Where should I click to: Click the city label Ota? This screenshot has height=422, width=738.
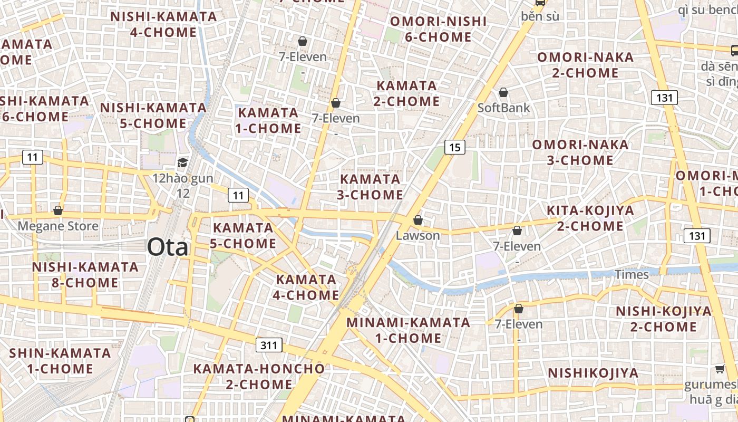tap(167, 247)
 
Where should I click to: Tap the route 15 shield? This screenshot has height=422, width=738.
tap(454, 147)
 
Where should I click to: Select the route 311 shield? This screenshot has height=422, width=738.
tap(269, 346)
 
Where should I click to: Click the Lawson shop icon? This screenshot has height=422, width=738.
tap(418, 220)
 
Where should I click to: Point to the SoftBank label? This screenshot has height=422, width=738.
tap(503, 108)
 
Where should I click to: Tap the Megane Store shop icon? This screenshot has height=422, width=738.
tap(58, 210)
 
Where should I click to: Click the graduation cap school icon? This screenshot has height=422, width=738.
tap(182, 162)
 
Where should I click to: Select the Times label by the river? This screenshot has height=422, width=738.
tap(632, 274)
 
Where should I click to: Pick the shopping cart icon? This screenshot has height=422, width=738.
tap(720, 369)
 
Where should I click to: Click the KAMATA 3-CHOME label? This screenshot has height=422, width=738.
tap(370, 187)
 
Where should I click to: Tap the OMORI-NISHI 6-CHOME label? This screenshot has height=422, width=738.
tap(438, 29)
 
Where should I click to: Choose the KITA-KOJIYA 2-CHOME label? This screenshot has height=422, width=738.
tap(590, 218)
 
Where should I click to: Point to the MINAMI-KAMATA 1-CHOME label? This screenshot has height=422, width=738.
tap(408, 330)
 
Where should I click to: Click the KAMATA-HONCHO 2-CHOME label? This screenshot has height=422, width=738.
tap(259, 376)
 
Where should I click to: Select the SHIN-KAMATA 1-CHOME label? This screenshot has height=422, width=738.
tap(60, 360)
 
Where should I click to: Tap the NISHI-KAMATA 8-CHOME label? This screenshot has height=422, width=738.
tap(85, 274)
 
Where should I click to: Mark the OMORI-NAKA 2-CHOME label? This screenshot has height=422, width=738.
tap(585, 65)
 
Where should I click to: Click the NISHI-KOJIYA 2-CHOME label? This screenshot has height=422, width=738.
tap(664, 319)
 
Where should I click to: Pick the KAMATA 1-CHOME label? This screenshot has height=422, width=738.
tap(269, 120)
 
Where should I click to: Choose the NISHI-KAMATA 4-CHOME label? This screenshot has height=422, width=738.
tap(163, 24)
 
